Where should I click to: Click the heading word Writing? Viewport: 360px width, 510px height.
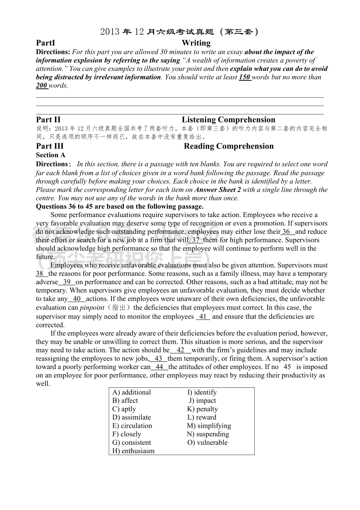[x=196, y=43]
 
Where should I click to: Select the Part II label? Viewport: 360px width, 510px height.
[x=48, y=120]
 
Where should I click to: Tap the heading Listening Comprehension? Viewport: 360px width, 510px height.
[x=229, y=120]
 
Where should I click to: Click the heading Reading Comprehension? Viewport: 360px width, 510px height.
[x=229, y=146]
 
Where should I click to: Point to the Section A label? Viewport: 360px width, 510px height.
[x=51, y=155]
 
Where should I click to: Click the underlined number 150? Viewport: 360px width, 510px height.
[x=245, y=77]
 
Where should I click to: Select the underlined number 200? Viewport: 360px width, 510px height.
[x=42, y=86]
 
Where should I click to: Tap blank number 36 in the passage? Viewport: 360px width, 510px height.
[x=287, y=232]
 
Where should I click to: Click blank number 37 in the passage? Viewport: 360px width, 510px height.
[x=196, y=240]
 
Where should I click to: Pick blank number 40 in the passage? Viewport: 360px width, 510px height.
[x=77, y=299]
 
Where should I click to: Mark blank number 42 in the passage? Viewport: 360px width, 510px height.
[x=180, y=350]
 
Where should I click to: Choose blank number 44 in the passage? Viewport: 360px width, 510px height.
[x=160, y=367]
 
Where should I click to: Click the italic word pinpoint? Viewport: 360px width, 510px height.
[x=92, y=308]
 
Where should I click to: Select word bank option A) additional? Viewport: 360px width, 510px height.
[x=131, y=393]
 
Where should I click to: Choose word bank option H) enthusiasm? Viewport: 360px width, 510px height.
[x=133, y=451]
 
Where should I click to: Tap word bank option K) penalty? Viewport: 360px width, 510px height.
[x=202, y=409]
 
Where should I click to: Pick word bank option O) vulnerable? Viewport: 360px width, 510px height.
[x=207, y=443]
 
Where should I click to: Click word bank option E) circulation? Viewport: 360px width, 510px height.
[x=132, y=426]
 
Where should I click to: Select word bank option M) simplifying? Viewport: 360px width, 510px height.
[x=209, y=426]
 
